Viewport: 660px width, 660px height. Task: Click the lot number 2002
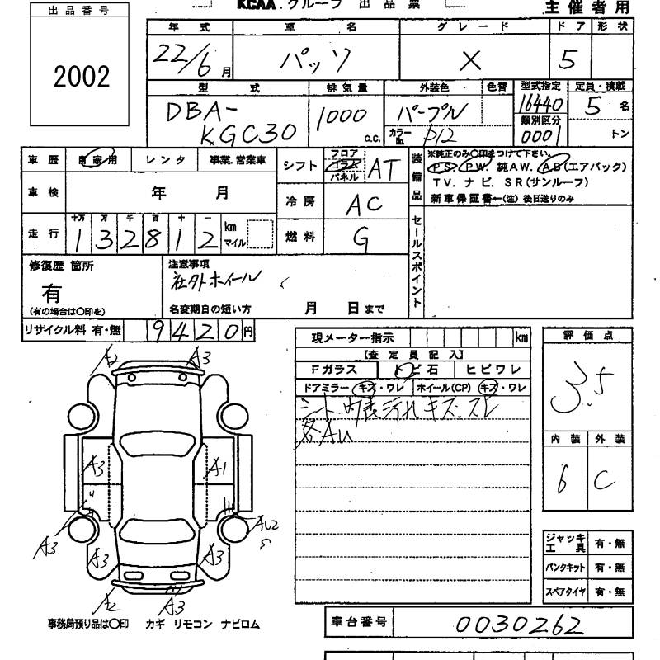81,77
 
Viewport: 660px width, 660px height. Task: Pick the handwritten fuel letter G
361,238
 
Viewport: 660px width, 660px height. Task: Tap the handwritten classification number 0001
541,134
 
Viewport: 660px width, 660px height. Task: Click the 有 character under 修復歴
51,293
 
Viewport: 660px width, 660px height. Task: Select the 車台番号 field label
359,623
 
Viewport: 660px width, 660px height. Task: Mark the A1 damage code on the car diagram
219,469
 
